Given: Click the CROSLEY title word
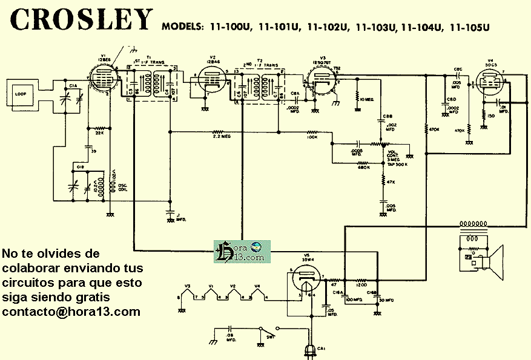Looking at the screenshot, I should [x=82, y=20].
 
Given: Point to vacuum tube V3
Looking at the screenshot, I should [x=320, y=80].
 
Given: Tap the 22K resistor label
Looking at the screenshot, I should [x=100, y=133].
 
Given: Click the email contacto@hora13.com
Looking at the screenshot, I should [x=71, y=312].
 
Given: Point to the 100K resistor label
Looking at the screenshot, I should [x=312, y=137].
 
